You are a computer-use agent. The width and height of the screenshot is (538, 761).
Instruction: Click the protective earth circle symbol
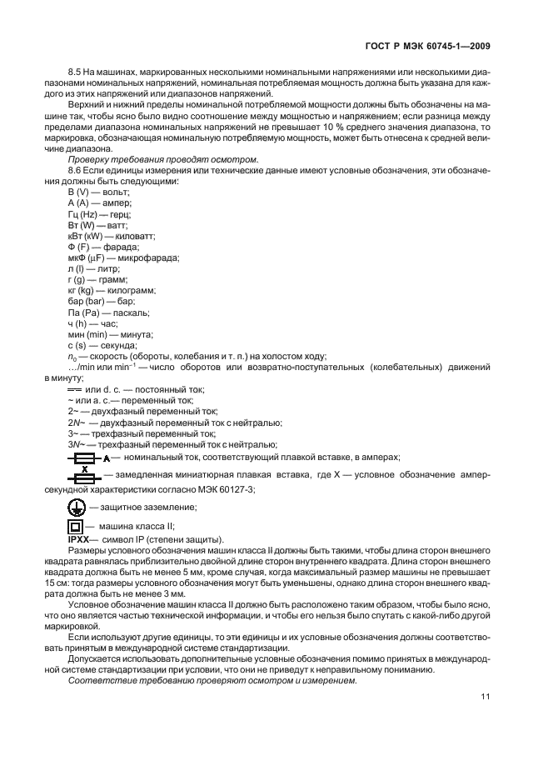pos(75,507)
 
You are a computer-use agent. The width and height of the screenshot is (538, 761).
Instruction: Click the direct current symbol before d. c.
pos(74,389)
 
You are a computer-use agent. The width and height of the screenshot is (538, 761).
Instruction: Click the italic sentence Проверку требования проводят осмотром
pos(151,159)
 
